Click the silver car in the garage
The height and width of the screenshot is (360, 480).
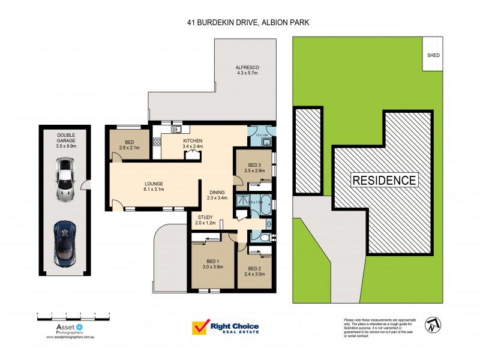click(x=65, y=179)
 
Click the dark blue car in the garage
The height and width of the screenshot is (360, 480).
click(x=65, y=244)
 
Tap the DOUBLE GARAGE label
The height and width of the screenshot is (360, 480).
click(x=66, y=138)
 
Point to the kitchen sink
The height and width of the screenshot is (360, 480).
click(x=177, y=129)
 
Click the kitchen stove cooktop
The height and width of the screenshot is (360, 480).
click(x=158, y=142)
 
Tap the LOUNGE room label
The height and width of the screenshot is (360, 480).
click(x=154, y=184)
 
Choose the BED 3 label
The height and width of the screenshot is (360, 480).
click(x=254, y=165)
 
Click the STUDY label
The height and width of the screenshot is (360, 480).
click(x=204, y=217)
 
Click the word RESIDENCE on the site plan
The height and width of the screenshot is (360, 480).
click(x=384, y=180)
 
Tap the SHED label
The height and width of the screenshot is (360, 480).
click(x=433, y=55)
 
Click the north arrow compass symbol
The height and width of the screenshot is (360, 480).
click(x=433, y=326)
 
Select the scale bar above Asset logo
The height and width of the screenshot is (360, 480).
click(x=73, y=314)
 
